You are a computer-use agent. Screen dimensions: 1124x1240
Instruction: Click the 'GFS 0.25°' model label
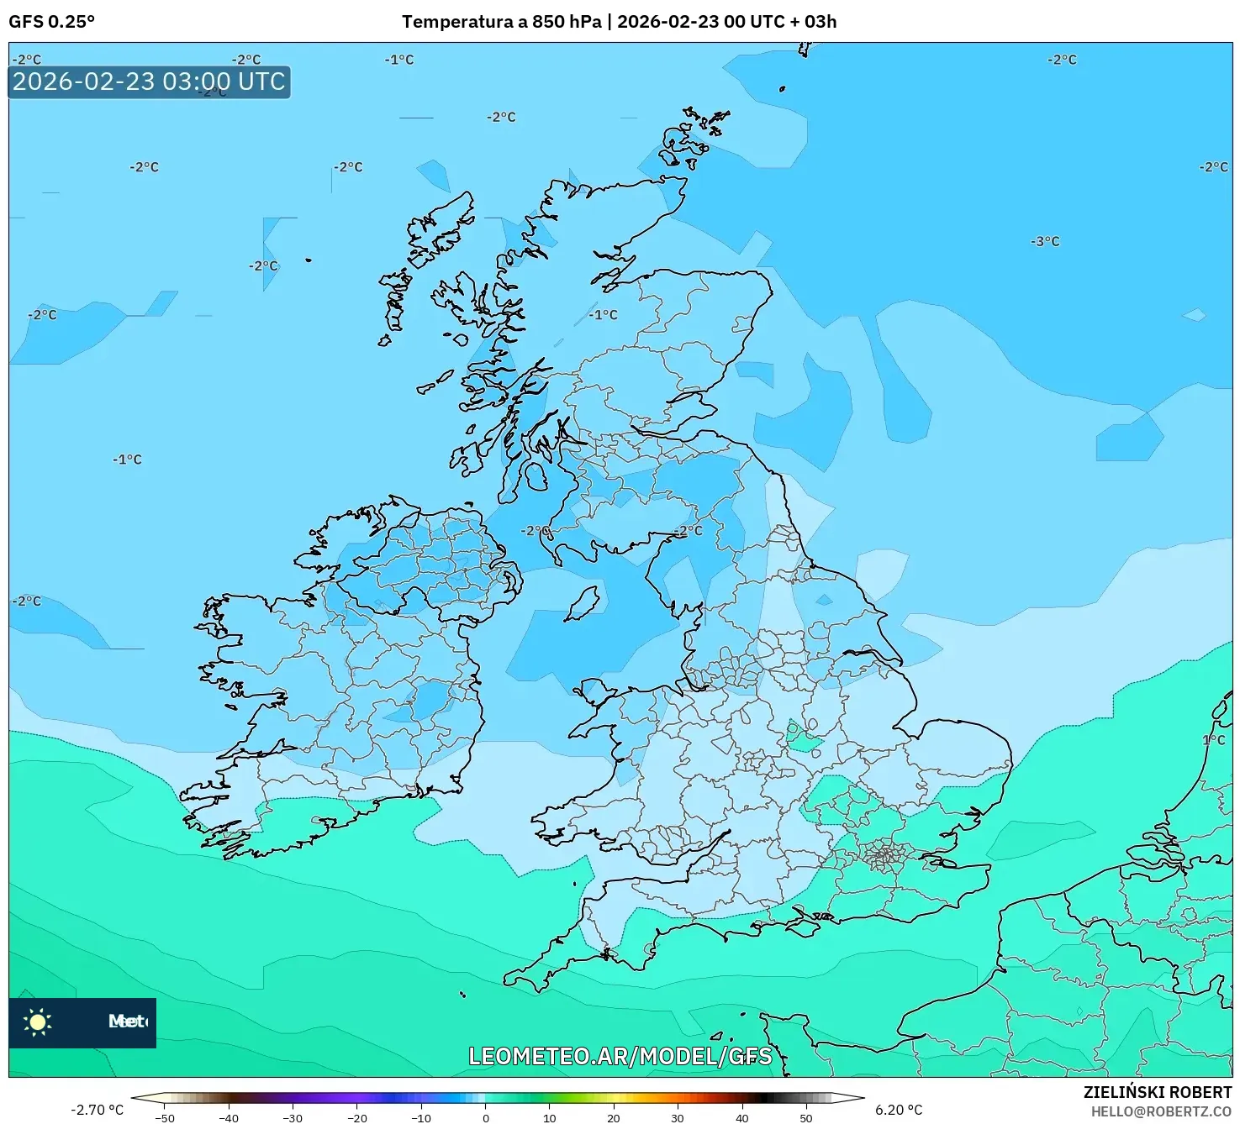[x=51, y=22]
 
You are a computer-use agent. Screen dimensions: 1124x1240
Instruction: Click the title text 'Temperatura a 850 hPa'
[x=502, y=22]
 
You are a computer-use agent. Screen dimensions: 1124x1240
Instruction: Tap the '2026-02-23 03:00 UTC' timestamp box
[x=150, y=82]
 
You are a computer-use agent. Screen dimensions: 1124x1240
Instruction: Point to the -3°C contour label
[x=1045, y=242]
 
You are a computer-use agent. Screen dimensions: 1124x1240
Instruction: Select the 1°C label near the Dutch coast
[x=1213, y=740]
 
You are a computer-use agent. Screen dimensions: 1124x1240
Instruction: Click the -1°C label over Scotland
[x=603, y=315]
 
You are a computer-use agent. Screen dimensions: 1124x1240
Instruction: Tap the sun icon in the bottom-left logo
[x=38, y=1022]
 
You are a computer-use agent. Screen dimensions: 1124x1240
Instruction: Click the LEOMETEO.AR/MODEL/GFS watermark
[x=620, y=1056]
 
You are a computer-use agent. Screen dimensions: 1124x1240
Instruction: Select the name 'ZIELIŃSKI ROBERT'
[x=1157, y=1092]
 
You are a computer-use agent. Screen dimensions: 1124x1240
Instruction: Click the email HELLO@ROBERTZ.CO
[x=1160, y=1111]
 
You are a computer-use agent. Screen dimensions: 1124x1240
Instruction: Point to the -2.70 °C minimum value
[x=97, y=1110]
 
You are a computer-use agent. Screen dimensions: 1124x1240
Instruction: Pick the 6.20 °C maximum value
[x=899, y=1110]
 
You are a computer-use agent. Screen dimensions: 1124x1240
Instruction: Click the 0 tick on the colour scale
[x=485, y=1118]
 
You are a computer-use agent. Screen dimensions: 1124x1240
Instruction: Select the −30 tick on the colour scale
[x=293, y=1118]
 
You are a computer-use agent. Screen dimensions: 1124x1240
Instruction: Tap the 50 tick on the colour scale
[x=805, y=1118]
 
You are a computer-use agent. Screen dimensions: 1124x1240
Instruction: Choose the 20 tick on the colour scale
[x=614, y=1118]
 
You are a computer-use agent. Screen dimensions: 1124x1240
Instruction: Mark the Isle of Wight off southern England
[x=802, y=927]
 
